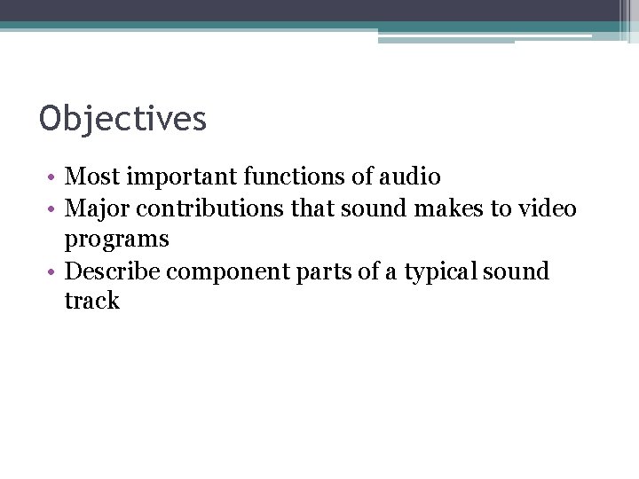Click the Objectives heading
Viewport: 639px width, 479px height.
122,119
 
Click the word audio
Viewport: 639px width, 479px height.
409,177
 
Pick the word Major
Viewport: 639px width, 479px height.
95,209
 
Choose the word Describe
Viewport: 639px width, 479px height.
113,271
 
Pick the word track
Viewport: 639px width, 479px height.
91,302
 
